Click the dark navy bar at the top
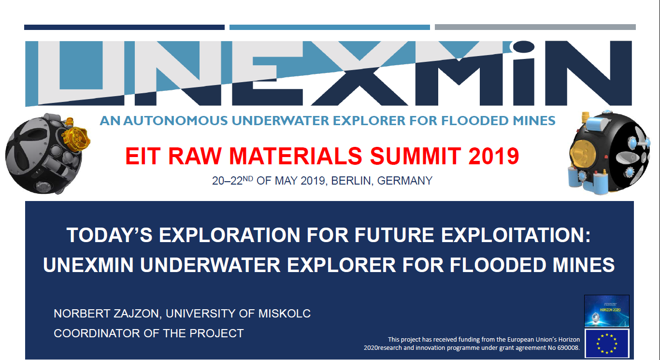124,27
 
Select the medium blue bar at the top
330,27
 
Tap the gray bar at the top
535,27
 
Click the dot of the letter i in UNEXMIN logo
524,46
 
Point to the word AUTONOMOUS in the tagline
175,121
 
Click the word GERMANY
404,181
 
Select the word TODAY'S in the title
110,235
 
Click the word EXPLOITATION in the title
516,235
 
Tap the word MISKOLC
284,314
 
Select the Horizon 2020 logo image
607,311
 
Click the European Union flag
607,344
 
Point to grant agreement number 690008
568,348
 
